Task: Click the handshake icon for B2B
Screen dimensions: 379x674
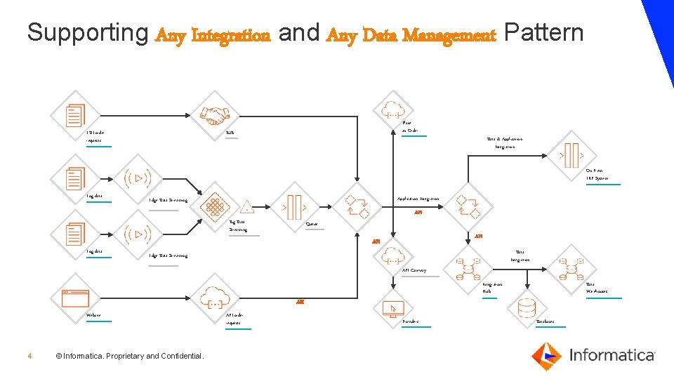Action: [x=215, y=115]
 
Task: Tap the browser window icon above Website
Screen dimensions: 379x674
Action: [x=75, y=297]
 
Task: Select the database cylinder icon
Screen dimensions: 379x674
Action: [x=527, y=307]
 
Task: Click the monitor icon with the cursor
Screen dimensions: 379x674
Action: [x=392, y=307]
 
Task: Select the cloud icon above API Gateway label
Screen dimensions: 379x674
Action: [x=392, y=251]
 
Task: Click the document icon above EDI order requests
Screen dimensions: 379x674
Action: [x=75, y=115]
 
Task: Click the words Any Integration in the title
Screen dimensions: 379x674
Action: [x=213, y=34]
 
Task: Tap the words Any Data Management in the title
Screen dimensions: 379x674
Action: [x=411, y=34]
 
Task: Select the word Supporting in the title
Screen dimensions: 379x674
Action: [x=87, y=33]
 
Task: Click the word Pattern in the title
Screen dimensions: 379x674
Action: [x=543, y=33]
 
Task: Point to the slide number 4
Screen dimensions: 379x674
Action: [x=29, y=357]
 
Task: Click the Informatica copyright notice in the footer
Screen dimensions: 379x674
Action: [x=130, y=357]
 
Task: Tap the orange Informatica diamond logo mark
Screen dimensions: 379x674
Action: [x=546, y=356]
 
